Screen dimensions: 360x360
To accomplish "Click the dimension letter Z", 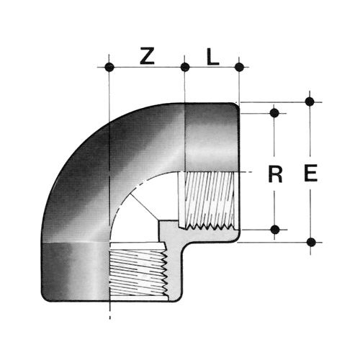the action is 147,56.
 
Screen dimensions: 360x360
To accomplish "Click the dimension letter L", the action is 213,57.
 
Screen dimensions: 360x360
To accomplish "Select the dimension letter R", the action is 275,175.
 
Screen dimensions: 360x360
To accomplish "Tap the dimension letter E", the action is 311,173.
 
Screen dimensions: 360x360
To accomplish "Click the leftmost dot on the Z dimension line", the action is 109,67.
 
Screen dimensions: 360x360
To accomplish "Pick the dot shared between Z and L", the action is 185,67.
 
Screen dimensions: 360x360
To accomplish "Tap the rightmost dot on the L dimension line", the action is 239,67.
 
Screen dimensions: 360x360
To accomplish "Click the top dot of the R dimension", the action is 274,113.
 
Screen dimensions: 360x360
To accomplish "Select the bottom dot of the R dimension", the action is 275,230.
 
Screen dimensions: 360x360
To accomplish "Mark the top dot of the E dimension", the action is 310,102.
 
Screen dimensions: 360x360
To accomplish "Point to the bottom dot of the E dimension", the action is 311,242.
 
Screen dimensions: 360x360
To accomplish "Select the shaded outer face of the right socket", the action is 212,138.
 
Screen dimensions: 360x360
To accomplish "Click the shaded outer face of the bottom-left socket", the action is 75,272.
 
